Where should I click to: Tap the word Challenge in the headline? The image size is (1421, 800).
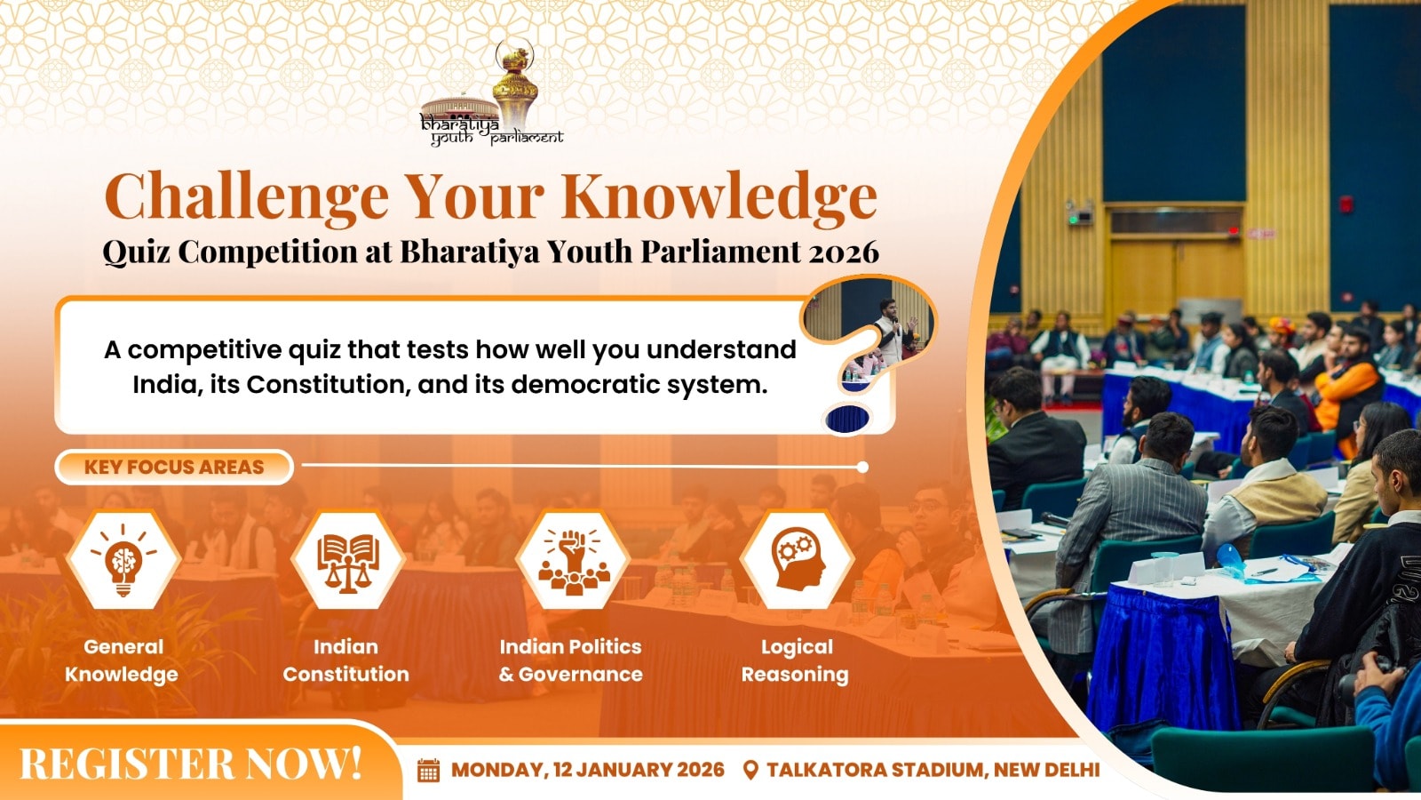click(x=246, y=196)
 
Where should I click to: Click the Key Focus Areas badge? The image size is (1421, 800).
click(x=174, y=468)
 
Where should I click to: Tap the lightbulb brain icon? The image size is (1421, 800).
click(x=123, y=560)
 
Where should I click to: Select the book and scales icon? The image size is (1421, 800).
click(x=347, y=560)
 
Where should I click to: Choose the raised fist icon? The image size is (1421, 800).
click(x=572, y=560)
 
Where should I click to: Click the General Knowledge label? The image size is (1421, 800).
click(x=123, y=661)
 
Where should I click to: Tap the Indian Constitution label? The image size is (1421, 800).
click(x=346, y=661)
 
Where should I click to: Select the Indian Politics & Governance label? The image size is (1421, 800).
click(x=571, y=661)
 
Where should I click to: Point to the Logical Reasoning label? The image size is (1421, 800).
click(x=796, y=661)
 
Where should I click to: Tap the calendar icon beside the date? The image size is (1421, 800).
click(x=428, y=770)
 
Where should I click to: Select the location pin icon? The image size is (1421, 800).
click(x=750, y=770)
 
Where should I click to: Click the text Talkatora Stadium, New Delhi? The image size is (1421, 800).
click(x=933, y=770)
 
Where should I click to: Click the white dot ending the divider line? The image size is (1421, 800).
click(x=862, y=468)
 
